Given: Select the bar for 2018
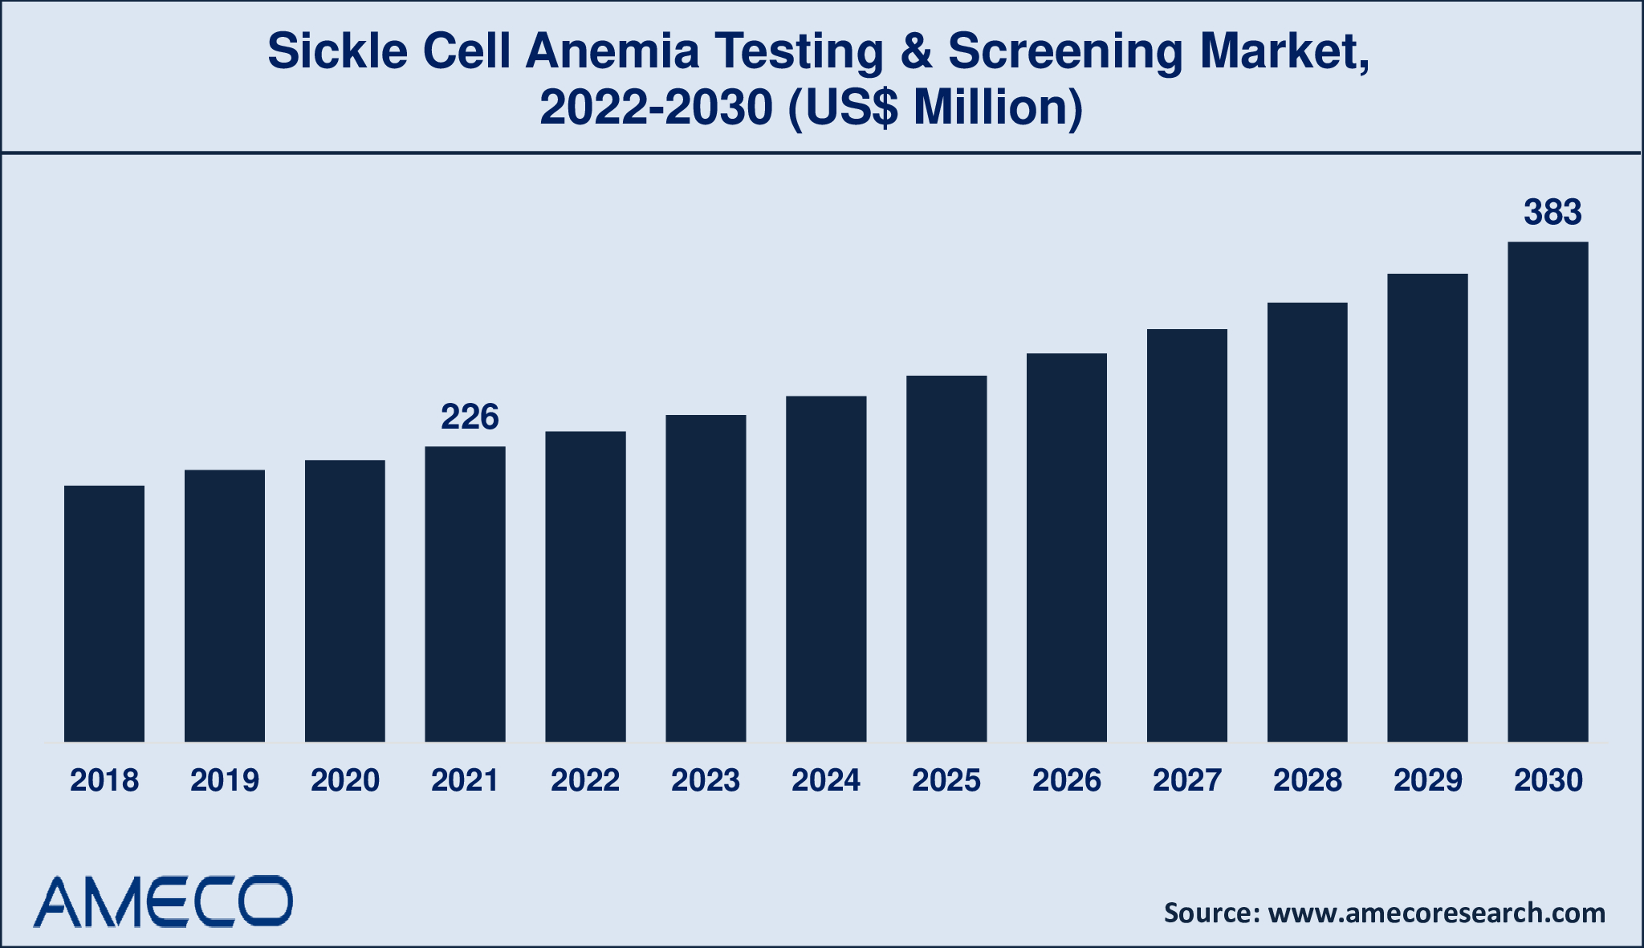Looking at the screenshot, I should pyautogui.click(x=104, y=613).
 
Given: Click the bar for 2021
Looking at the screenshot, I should pyautogui.click(x=465, y=594).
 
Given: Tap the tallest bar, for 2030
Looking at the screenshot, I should pyautogui.click(x=1548, y=491).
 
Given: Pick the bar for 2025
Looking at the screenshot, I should pyautogui.click(x=946, y=559).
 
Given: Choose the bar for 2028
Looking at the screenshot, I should pyautogui.click(x=1307, y=522).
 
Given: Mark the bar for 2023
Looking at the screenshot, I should pyautogui.click(x=706, y=578).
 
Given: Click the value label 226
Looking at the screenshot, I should pyautogui.click(x=470, y=417).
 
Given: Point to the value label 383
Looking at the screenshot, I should pyautogui.click(x=1552, y=213).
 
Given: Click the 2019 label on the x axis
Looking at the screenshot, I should pyautogui.click(x=225, y=780).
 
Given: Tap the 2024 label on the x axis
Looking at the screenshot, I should pyautogui.click(x=826, y=780).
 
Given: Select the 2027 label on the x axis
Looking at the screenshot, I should pyautogui.click(x=1186, y=780).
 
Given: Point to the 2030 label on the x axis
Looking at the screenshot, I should pyautogui.click(x=1548, y=780).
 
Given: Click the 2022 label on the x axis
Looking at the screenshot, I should pyautogui.click(x=585, y=780).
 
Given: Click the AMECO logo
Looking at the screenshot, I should pyautogui.click(x=163, y=902).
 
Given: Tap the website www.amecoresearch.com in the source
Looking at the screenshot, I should pyautogui.click(x=1436, y=913).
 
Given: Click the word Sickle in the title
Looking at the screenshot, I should pyautogui.click(x=337, y=51).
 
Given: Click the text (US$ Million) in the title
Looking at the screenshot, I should pyautogui.click(x=935, y=108).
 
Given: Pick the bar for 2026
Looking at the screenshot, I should pyautogui.click(x=1066, y=547).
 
